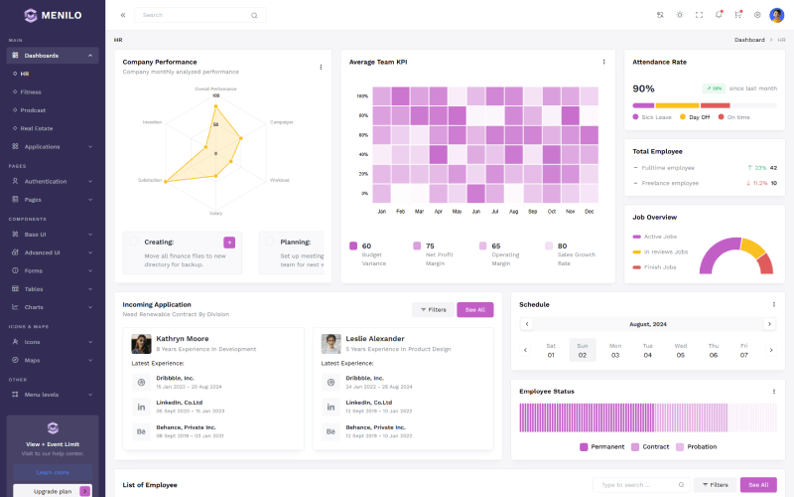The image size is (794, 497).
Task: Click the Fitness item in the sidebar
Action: pos(32,91)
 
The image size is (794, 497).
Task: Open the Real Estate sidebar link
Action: pos(37,128)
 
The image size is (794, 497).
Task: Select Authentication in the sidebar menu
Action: pos(45,181)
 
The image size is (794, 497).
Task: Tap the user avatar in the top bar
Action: pos(776,15)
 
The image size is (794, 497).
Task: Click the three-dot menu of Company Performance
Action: pos(321,67)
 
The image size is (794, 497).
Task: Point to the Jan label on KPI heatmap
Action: pos(381,211)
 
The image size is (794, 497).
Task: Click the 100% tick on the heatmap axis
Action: pos(363,96)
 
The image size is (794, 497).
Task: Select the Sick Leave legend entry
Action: pos(656,117)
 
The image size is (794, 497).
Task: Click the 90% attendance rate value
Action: pos(644,88)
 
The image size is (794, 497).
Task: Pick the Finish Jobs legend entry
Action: pos(659,266)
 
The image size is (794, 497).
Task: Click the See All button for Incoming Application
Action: pos(474,309)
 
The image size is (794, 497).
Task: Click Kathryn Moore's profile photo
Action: pos(141,343)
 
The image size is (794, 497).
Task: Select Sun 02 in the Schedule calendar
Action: pos(583,350)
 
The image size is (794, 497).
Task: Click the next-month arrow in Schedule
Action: pos(769,324)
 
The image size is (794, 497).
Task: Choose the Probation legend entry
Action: pos(702,446)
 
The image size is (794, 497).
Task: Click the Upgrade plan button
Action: pos(54,491)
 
